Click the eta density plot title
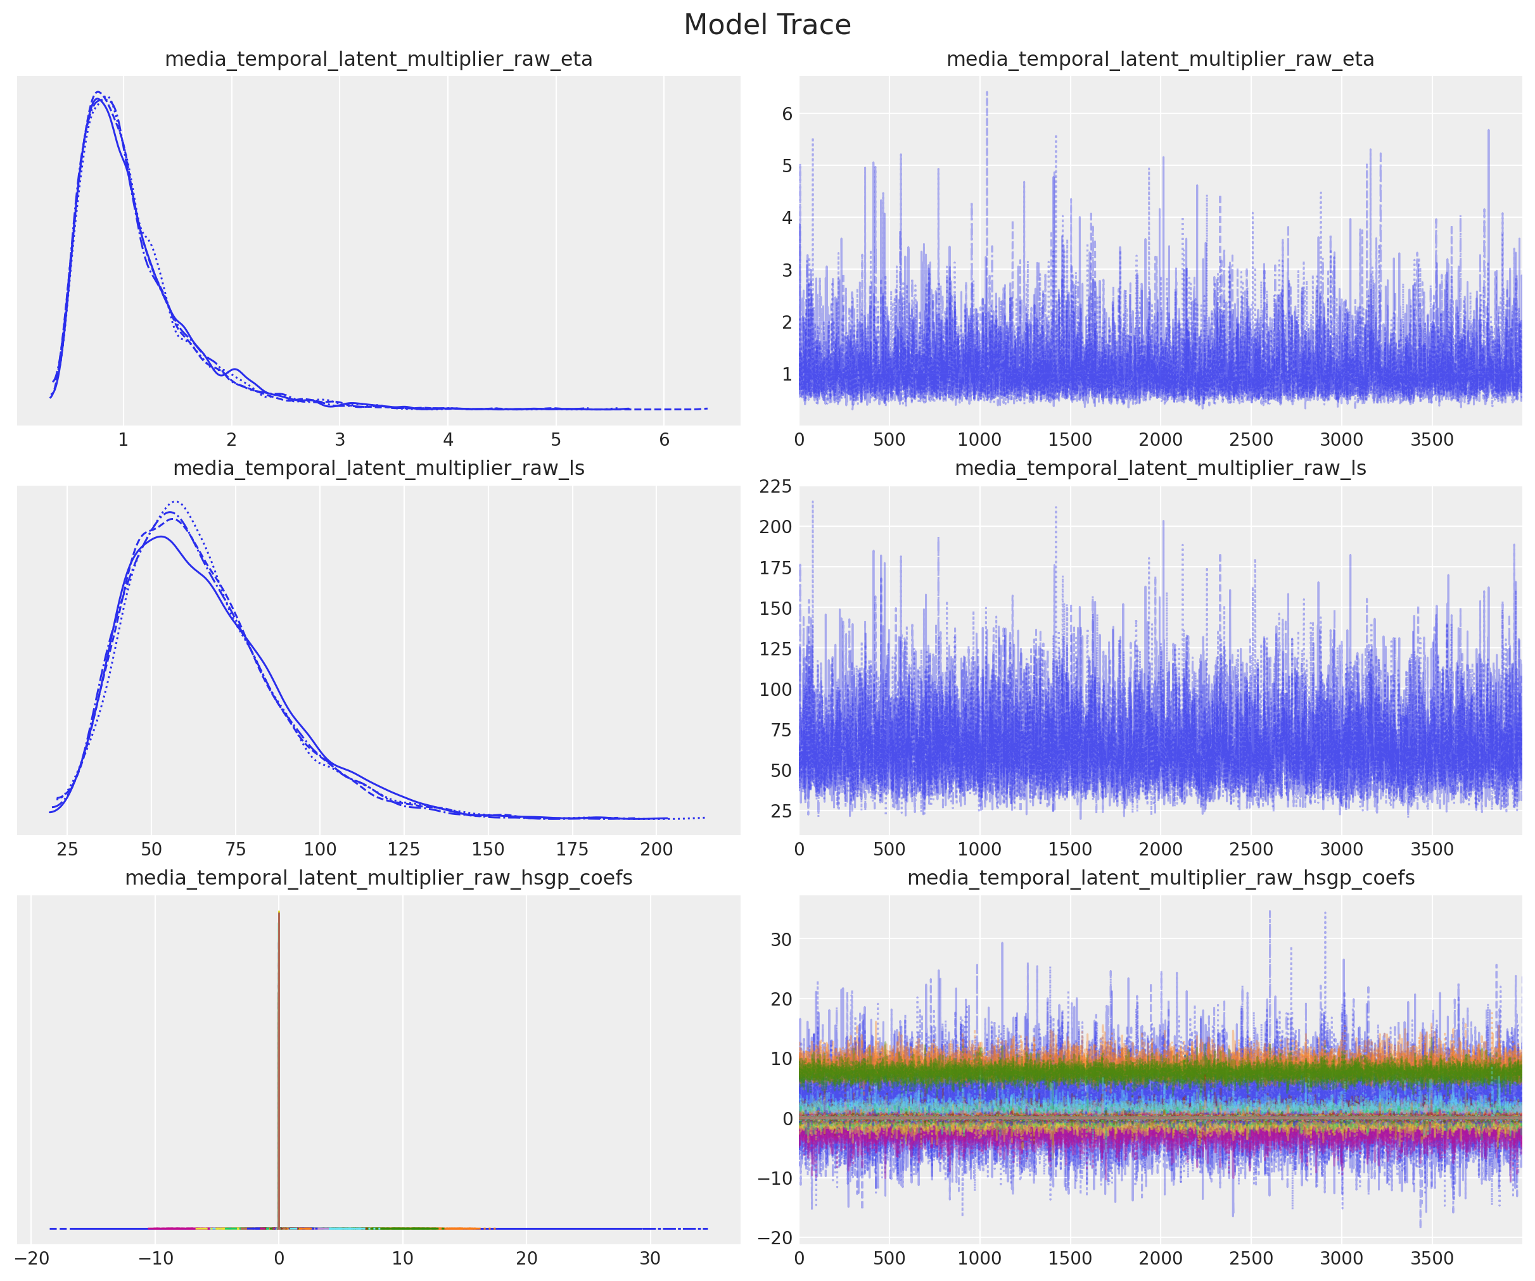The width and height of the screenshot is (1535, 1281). (378, 59)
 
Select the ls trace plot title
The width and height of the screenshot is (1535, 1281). (1160, 469)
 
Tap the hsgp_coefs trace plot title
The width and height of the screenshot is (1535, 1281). (1160, 878)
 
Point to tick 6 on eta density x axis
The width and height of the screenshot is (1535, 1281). (664, 440)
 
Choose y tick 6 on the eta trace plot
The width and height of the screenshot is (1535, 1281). (786, 114)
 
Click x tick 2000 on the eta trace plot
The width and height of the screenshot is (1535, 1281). (1160, 440)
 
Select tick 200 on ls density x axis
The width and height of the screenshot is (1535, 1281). (656, 849)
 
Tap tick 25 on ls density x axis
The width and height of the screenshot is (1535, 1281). (67, 849)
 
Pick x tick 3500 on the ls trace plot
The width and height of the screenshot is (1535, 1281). (1431, 849)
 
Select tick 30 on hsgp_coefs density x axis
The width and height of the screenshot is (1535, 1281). (650, 1258)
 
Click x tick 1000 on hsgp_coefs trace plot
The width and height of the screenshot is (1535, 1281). (979, 1258)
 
